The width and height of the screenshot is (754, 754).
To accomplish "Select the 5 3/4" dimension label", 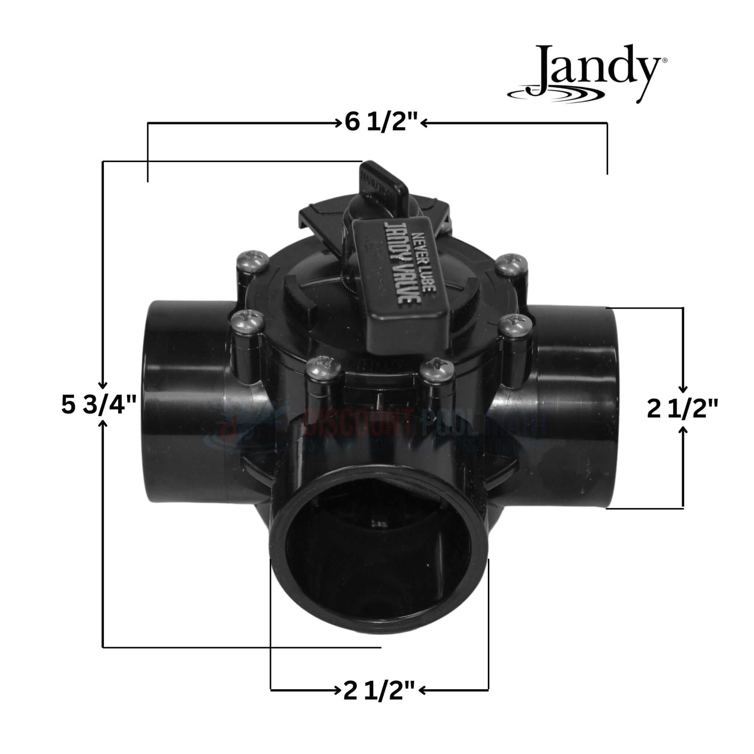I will click(x=99, y=405).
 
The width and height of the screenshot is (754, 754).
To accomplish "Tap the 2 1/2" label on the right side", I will click(x=682, y=410).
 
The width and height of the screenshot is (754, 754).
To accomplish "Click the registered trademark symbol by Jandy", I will click(x=664, y=60).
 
